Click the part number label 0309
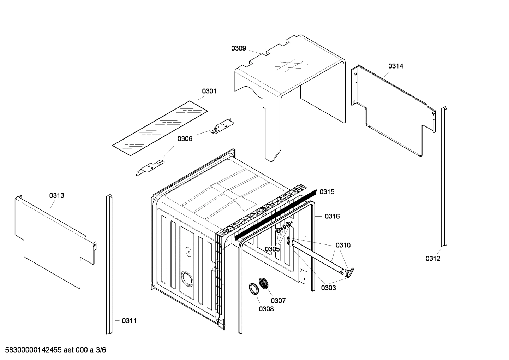pos(239,48)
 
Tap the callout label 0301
pos(209,91)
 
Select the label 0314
pos(396,66)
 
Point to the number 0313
pos(56,195)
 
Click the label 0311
pos(129,321)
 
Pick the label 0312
pos(433,259)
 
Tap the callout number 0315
pos(327,192)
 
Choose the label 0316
pos(332,216)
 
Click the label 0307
pos(278,301)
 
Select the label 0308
pos(266,309)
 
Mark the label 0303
pos(328,288)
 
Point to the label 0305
pos(272,249)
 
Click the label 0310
pos(343,245)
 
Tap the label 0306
pos(185,139)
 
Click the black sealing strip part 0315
pos(275,214)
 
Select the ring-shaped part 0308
pos(253,288)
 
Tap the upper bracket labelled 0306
pos(222,126)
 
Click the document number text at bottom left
pos(53,350)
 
